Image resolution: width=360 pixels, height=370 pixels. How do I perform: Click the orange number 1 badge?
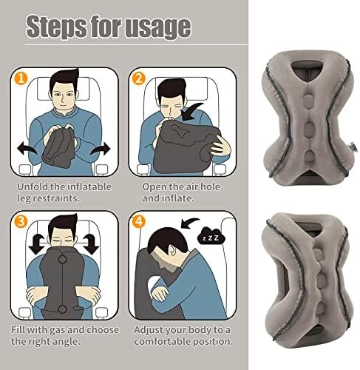click(21, 78)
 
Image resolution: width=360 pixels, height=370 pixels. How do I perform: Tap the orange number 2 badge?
click(139, 78)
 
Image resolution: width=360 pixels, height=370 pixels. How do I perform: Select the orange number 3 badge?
click(21, 221)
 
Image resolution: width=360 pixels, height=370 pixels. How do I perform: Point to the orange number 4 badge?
click(139, 221)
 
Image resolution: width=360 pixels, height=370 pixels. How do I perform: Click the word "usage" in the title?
click(157, 27)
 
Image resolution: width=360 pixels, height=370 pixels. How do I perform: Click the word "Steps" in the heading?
click(57, 27)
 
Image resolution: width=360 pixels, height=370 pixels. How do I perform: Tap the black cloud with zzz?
click(211, 236)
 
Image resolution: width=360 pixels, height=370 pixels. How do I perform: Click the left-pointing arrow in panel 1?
click(27, 148)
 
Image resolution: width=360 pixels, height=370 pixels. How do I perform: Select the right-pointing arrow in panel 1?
click(101, 149)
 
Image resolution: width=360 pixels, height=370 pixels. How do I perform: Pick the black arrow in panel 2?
click(191, 112)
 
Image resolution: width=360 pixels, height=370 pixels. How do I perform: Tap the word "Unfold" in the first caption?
click(33, 186)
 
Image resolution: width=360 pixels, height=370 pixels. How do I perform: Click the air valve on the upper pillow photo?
click(353, 148)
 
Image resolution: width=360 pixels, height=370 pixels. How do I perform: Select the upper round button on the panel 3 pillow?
click(63, 260)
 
